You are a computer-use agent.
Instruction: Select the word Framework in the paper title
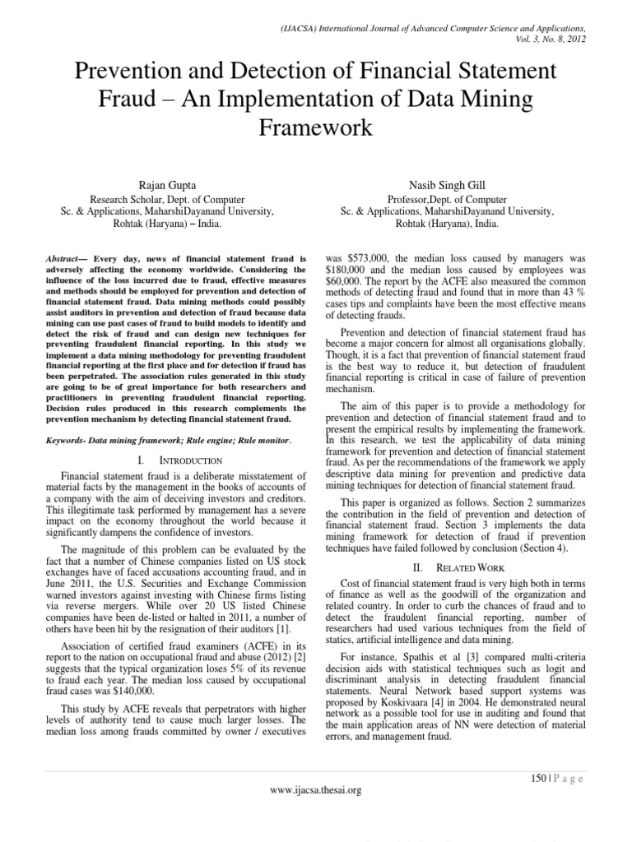point(316,128)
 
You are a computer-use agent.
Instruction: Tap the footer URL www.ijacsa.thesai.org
point(315,790)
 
